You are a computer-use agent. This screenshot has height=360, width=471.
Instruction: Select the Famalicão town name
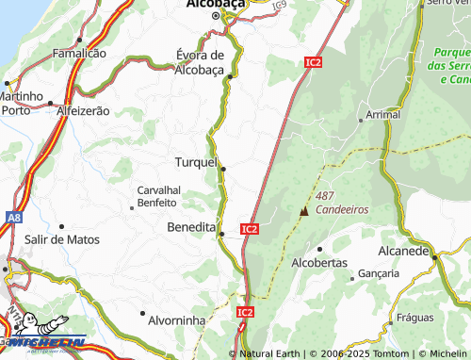tap(79, 54)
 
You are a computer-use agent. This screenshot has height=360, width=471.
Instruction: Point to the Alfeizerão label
tap(83, 110)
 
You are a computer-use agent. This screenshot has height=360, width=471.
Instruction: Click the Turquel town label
tap(195, 162)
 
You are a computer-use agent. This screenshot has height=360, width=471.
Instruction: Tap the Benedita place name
tap(190, 227)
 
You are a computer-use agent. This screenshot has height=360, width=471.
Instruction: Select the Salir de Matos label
tap(62, 239)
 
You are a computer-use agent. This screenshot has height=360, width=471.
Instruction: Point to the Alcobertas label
tap(319, 263)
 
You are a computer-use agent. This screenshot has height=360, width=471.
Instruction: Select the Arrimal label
tap(382, 113)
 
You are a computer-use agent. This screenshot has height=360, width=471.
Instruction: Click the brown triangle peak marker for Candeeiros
tap(303, 211)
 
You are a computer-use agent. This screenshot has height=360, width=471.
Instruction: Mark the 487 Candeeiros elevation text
tap(341, 203)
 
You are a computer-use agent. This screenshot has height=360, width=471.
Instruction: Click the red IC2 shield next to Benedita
tap(249, 229)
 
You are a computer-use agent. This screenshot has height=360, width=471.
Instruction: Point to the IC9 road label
tap(279, 7)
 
